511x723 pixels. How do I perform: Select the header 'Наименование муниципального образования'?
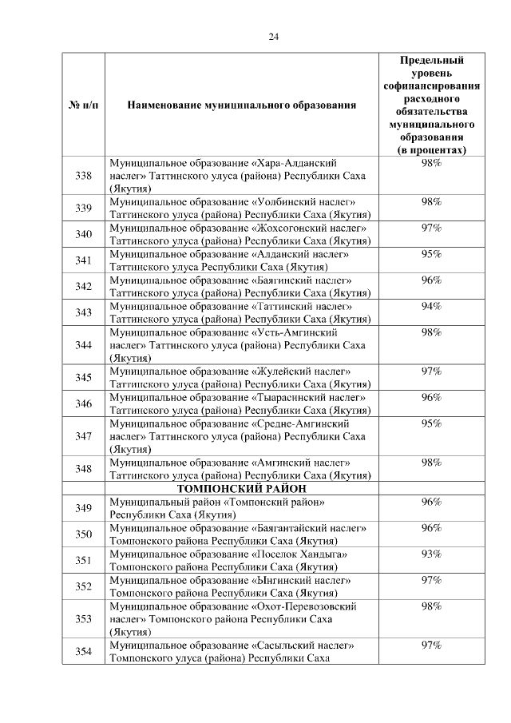[x=240, y=105]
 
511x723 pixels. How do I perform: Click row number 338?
[x=83, y=176]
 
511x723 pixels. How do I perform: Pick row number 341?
[x=83, y=260]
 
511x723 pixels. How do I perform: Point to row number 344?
[x=83, y=345]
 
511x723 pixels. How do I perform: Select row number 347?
[x=83, y=436]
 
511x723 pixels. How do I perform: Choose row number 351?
[x=83, y=560]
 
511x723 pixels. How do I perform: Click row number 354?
[x=83, y=651]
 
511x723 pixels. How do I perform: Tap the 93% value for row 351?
[x=432, y=554]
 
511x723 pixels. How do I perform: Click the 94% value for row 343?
[x=432, y=307]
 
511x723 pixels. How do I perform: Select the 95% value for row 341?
[x=432, y=255]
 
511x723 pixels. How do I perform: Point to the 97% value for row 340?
[x=432, y=228]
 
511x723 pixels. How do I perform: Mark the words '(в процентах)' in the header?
[x=432, y=149]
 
